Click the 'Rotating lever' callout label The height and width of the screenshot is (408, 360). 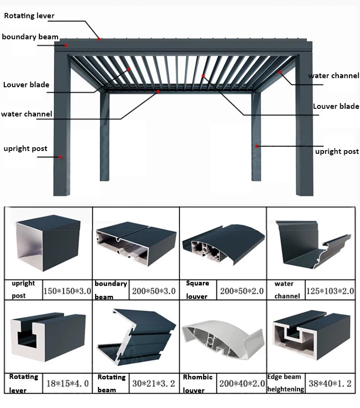(29, 16)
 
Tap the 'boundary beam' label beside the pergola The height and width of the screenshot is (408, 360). (30, 37)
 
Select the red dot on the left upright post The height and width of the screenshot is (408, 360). (61, 157)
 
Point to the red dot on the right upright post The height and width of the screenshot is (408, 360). (257, 146)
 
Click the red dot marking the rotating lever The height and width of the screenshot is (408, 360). (99, 39)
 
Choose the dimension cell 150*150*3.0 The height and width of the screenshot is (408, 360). (67, 291)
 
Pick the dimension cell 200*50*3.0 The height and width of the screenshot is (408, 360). (154, 291)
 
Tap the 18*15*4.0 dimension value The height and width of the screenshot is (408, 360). (67, 383)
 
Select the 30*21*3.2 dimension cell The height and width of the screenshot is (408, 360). (154, 383)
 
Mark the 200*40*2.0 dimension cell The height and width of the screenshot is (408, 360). (242, 383)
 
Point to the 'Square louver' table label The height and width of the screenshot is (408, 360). (197, 290)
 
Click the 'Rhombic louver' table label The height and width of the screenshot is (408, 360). (198, 383)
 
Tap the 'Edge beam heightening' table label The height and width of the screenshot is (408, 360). (286, 383)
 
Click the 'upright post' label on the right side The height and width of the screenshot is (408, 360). (337, 152)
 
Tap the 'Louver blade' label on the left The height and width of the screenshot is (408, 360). (26, 85)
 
